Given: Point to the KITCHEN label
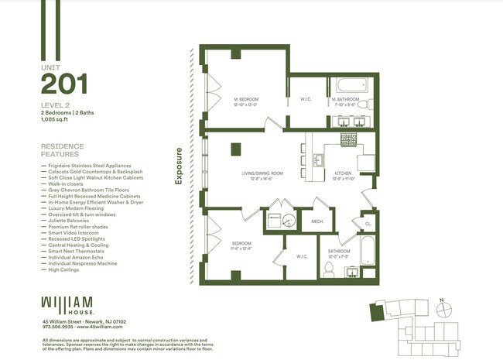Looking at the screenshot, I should coord(343,174).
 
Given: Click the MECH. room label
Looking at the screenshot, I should coord(317,221).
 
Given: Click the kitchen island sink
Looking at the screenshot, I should coord(318,160).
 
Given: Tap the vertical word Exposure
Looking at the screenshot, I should coord(179,166).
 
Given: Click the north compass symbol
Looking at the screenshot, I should coord(441,304).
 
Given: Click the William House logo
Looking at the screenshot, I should coord(67,303).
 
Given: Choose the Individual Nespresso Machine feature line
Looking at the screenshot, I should coord(82,263).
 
